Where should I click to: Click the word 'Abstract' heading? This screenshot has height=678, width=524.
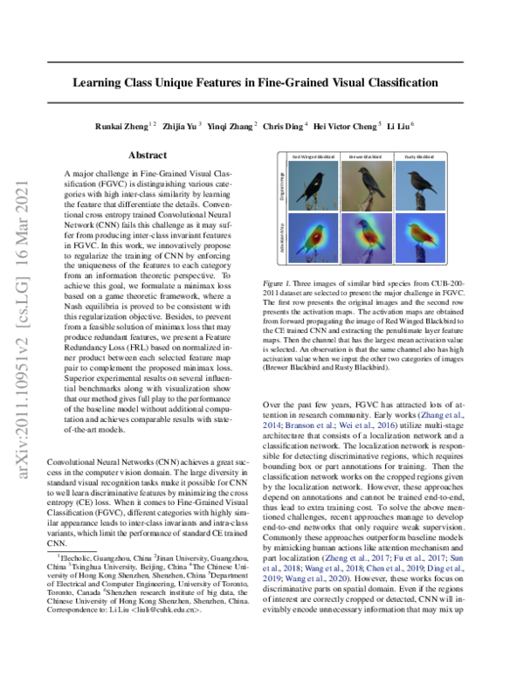tap(148, 155)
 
